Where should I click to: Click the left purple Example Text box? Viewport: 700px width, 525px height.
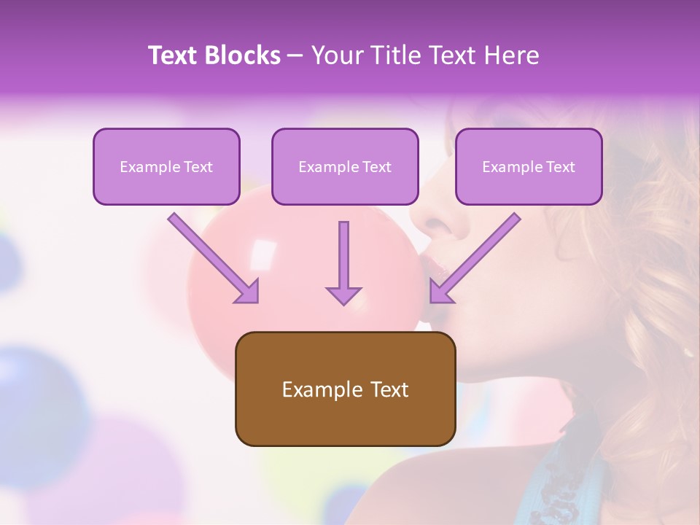(166, 167)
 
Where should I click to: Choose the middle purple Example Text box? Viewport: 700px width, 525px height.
(345, 167)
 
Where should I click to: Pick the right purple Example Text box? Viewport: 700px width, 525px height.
(529, 167)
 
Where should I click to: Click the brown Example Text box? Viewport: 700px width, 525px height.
(345, 389)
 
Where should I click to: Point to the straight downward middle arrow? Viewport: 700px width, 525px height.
(343, 262)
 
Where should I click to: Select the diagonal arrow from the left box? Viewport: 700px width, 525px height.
(213, 257)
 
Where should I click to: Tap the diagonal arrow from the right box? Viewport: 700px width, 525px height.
(475, 257)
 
